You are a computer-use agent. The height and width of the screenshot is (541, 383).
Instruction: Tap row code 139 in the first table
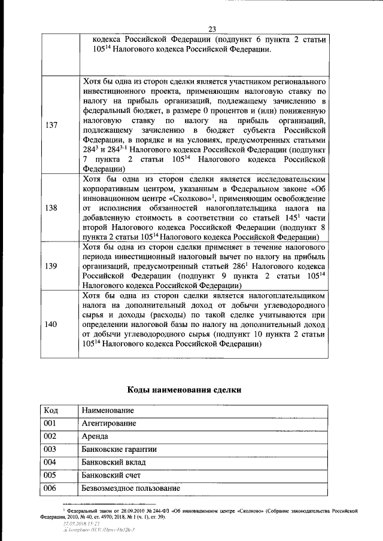[51, 265]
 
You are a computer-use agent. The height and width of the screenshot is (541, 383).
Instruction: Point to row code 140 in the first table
[51, 324]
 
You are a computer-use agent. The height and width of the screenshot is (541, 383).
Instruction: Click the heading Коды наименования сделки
[185, 390]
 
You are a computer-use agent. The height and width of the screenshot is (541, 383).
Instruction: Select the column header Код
[50, 411]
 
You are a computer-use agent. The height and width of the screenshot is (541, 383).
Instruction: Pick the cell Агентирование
[108, 423]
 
